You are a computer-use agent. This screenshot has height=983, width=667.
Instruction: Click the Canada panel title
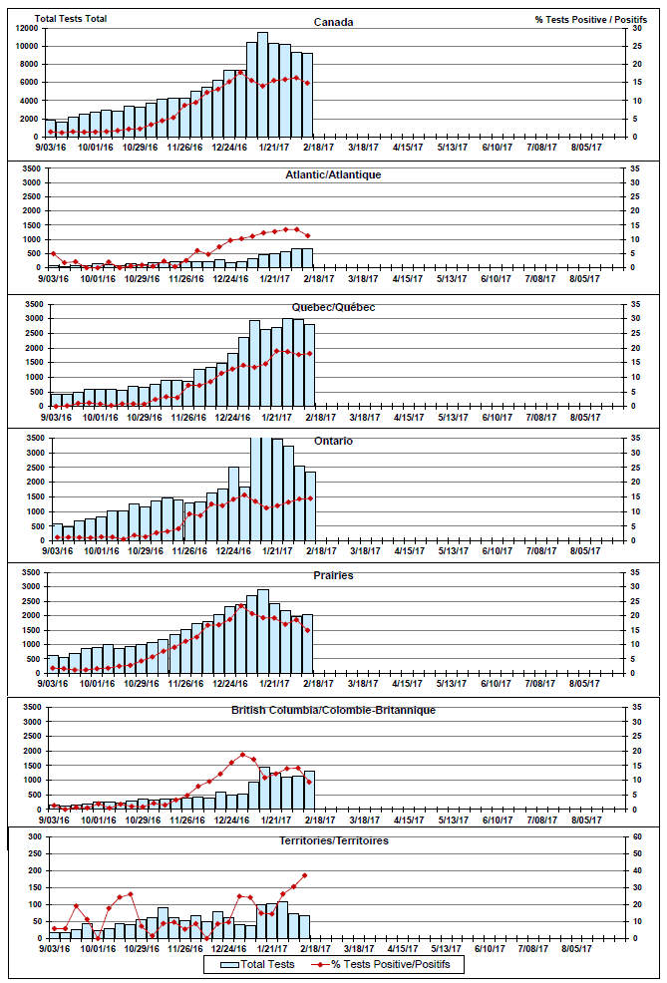click(332, 22)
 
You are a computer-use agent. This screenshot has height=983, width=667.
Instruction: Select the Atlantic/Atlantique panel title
click(332, 174)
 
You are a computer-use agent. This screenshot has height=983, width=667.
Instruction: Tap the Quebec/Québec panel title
click(332, 307)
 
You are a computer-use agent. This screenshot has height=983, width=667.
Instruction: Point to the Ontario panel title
click(332, 441)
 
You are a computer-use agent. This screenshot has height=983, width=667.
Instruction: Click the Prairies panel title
click(332, 575)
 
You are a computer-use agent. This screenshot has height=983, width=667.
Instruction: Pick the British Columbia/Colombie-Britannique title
click(332, 710)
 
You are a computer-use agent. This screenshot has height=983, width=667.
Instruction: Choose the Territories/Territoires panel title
click(332, 840)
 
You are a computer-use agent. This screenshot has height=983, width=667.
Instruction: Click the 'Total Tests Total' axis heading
click(71, 19)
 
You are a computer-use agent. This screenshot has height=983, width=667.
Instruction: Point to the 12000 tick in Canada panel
click(26, 27)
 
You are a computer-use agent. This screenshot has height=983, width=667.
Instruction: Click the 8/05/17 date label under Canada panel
click(585, 146)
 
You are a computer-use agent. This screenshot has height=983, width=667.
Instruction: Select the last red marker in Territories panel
click(305, 875)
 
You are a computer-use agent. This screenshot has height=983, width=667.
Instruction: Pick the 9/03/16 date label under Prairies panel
click(54, 683)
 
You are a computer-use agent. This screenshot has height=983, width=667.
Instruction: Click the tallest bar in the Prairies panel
click(262, 631)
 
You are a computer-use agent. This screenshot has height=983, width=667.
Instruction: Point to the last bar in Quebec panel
click(309, 365)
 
